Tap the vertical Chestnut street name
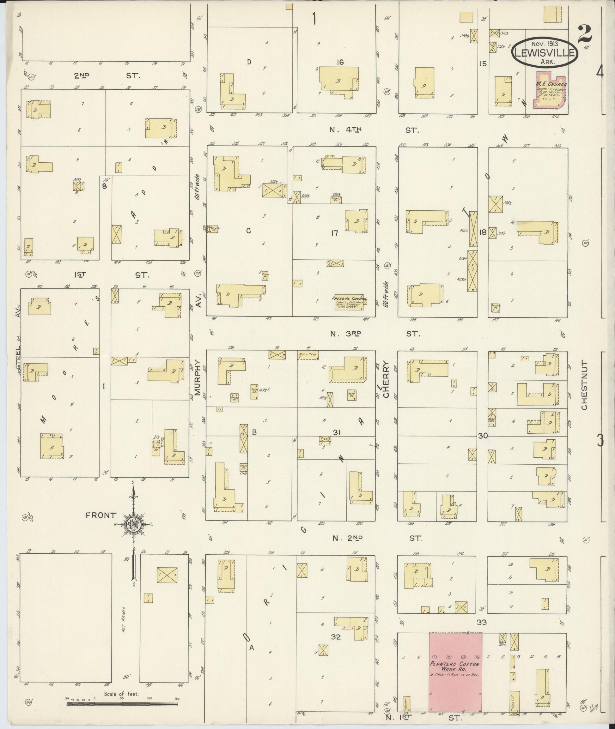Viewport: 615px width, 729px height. pyautogui.click(x=584, y=385)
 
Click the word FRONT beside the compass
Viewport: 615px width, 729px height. pyautogui.click(x=99, y=516)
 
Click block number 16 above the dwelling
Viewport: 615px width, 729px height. pyautogui.click(x=340, y=62)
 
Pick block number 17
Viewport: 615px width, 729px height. pyautogui.click(x=334, y=233)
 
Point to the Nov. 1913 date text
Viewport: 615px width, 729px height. pyautogui.click(x=545, y=44)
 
